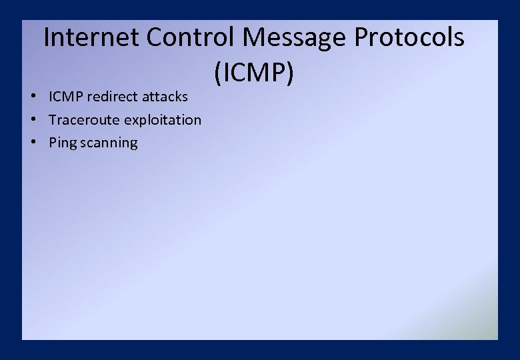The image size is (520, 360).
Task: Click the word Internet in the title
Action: [x=91, y=37]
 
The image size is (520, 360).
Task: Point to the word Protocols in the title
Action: [x=409, y=37]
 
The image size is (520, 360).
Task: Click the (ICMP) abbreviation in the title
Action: [x=253, y=73]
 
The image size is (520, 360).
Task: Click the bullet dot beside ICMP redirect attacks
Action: [x=33, y=97]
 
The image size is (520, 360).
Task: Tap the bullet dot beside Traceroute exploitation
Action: [x=33, y=120]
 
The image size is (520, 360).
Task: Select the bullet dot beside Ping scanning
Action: [x=33, y=143]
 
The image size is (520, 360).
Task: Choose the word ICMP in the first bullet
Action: [x=66, y=97]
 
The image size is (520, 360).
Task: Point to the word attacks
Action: [x=165, y=97]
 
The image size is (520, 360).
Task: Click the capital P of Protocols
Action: [x=363, y=37]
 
